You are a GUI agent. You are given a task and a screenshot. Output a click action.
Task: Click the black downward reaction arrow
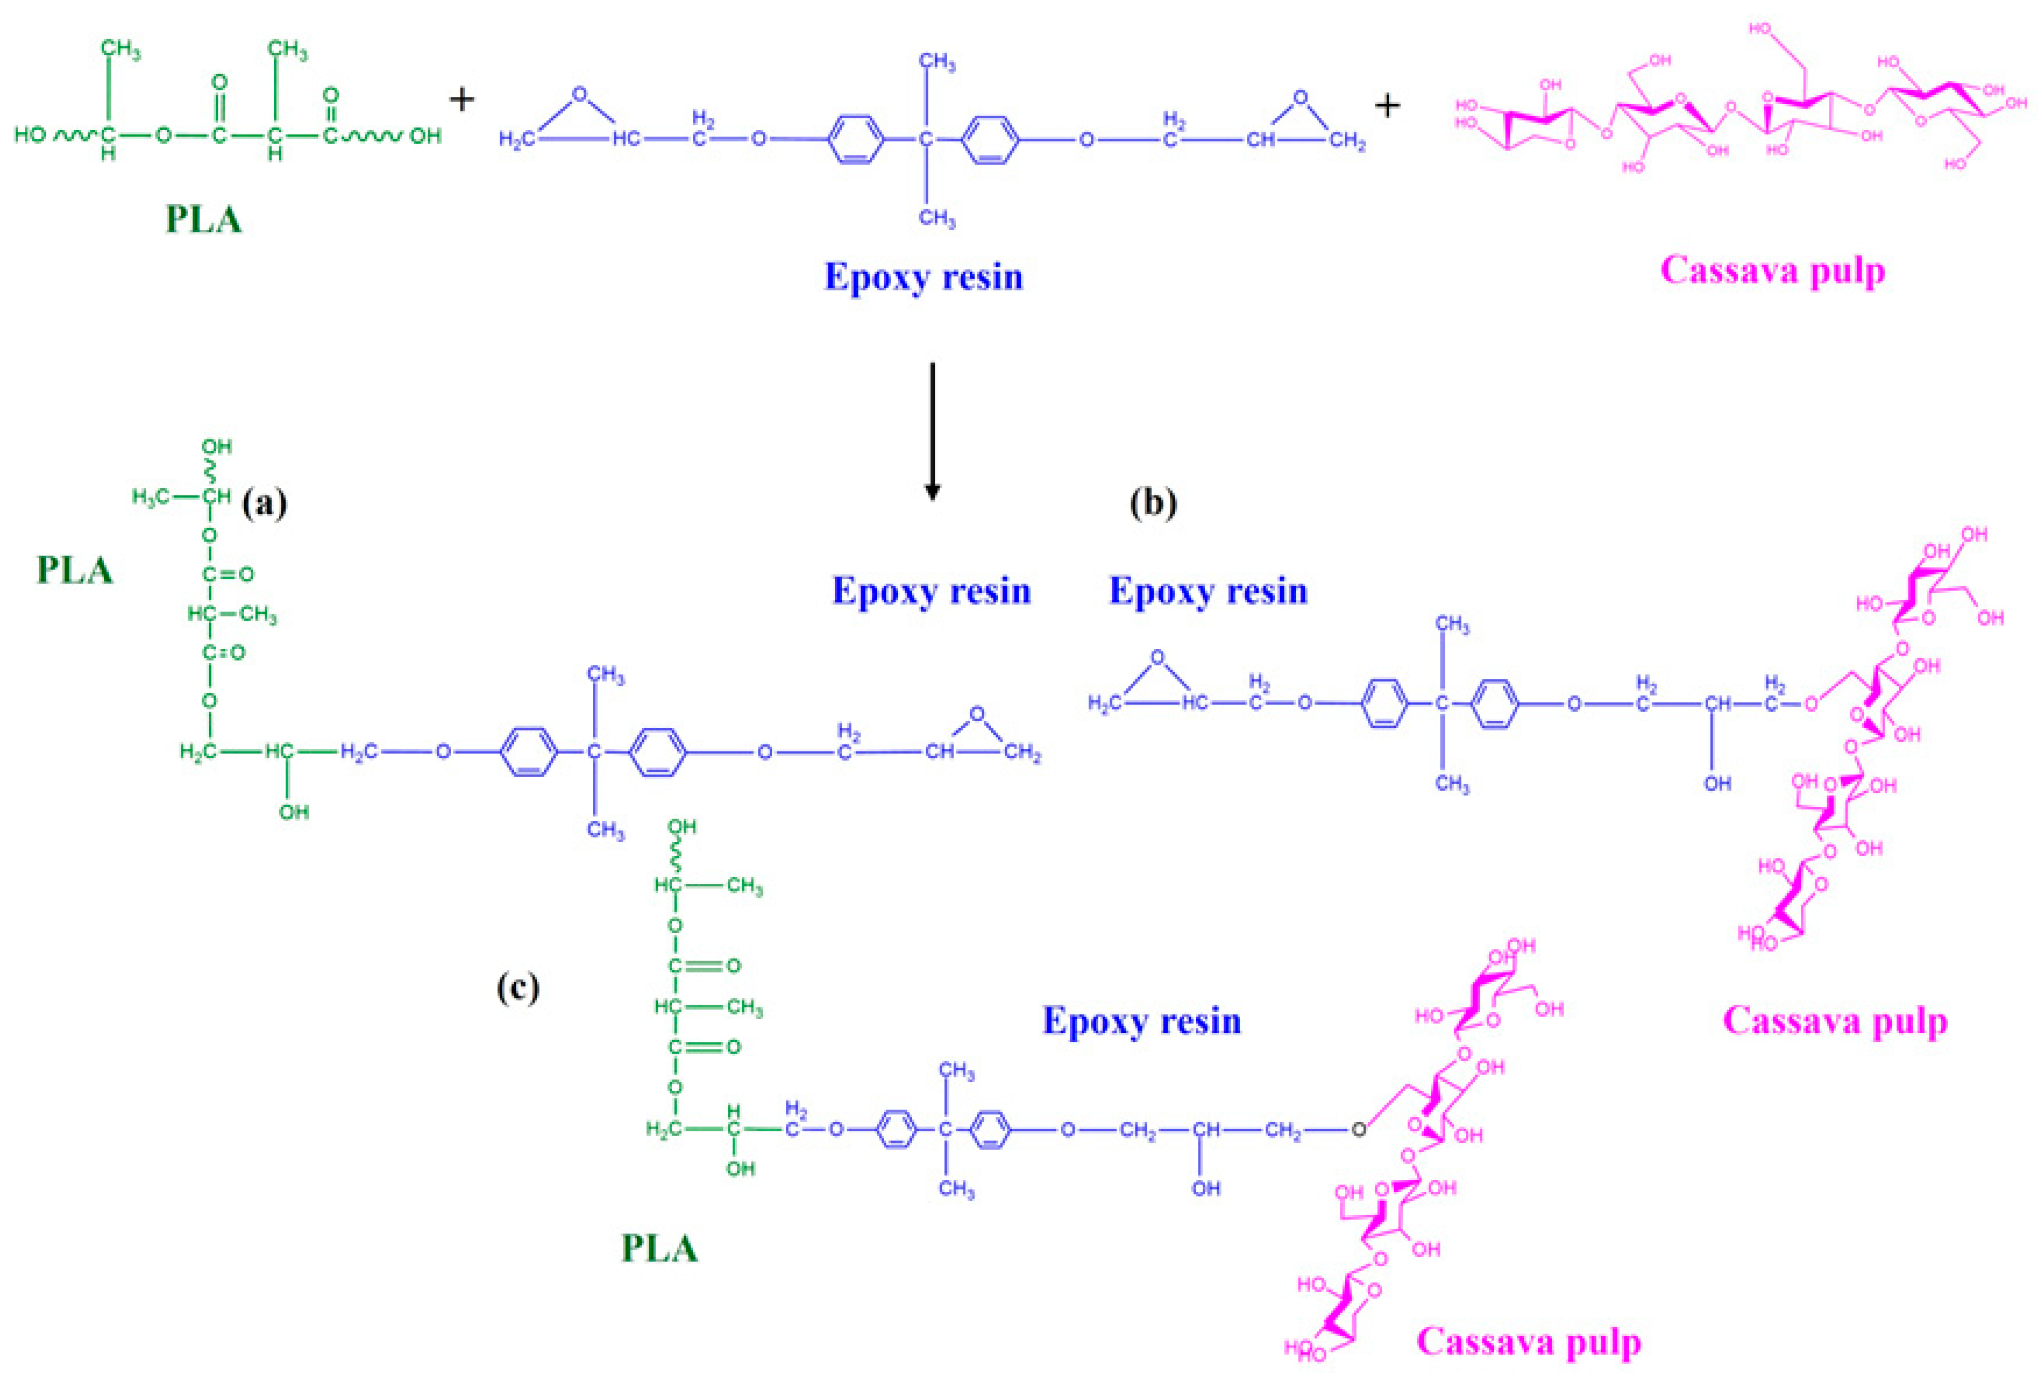932,430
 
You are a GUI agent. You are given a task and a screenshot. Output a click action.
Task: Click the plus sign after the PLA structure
461,100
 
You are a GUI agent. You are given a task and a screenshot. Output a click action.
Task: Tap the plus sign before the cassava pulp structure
1388,106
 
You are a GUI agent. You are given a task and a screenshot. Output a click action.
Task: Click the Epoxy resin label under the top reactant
923,277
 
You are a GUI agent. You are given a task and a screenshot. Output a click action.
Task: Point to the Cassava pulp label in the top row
1772,270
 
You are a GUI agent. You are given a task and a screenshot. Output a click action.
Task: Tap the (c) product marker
517,987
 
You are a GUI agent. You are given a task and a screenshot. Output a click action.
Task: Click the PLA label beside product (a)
75,570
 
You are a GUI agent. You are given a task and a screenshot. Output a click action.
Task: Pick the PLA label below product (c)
659,1249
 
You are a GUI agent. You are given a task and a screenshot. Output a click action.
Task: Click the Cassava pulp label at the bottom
1529,1342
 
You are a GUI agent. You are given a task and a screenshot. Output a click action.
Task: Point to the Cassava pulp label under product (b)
1835,1021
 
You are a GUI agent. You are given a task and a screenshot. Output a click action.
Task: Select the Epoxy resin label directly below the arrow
931,590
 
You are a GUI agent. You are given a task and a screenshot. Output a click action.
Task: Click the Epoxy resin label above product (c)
1142,1021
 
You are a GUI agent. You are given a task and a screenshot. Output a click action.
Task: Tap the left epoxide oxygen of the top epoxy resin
579,93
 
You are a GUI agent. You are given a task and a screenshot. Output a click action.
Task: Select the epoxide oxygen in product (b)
1157,657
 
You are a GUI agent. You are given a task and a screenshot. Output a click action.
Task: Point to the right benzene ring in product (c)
989,1130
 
